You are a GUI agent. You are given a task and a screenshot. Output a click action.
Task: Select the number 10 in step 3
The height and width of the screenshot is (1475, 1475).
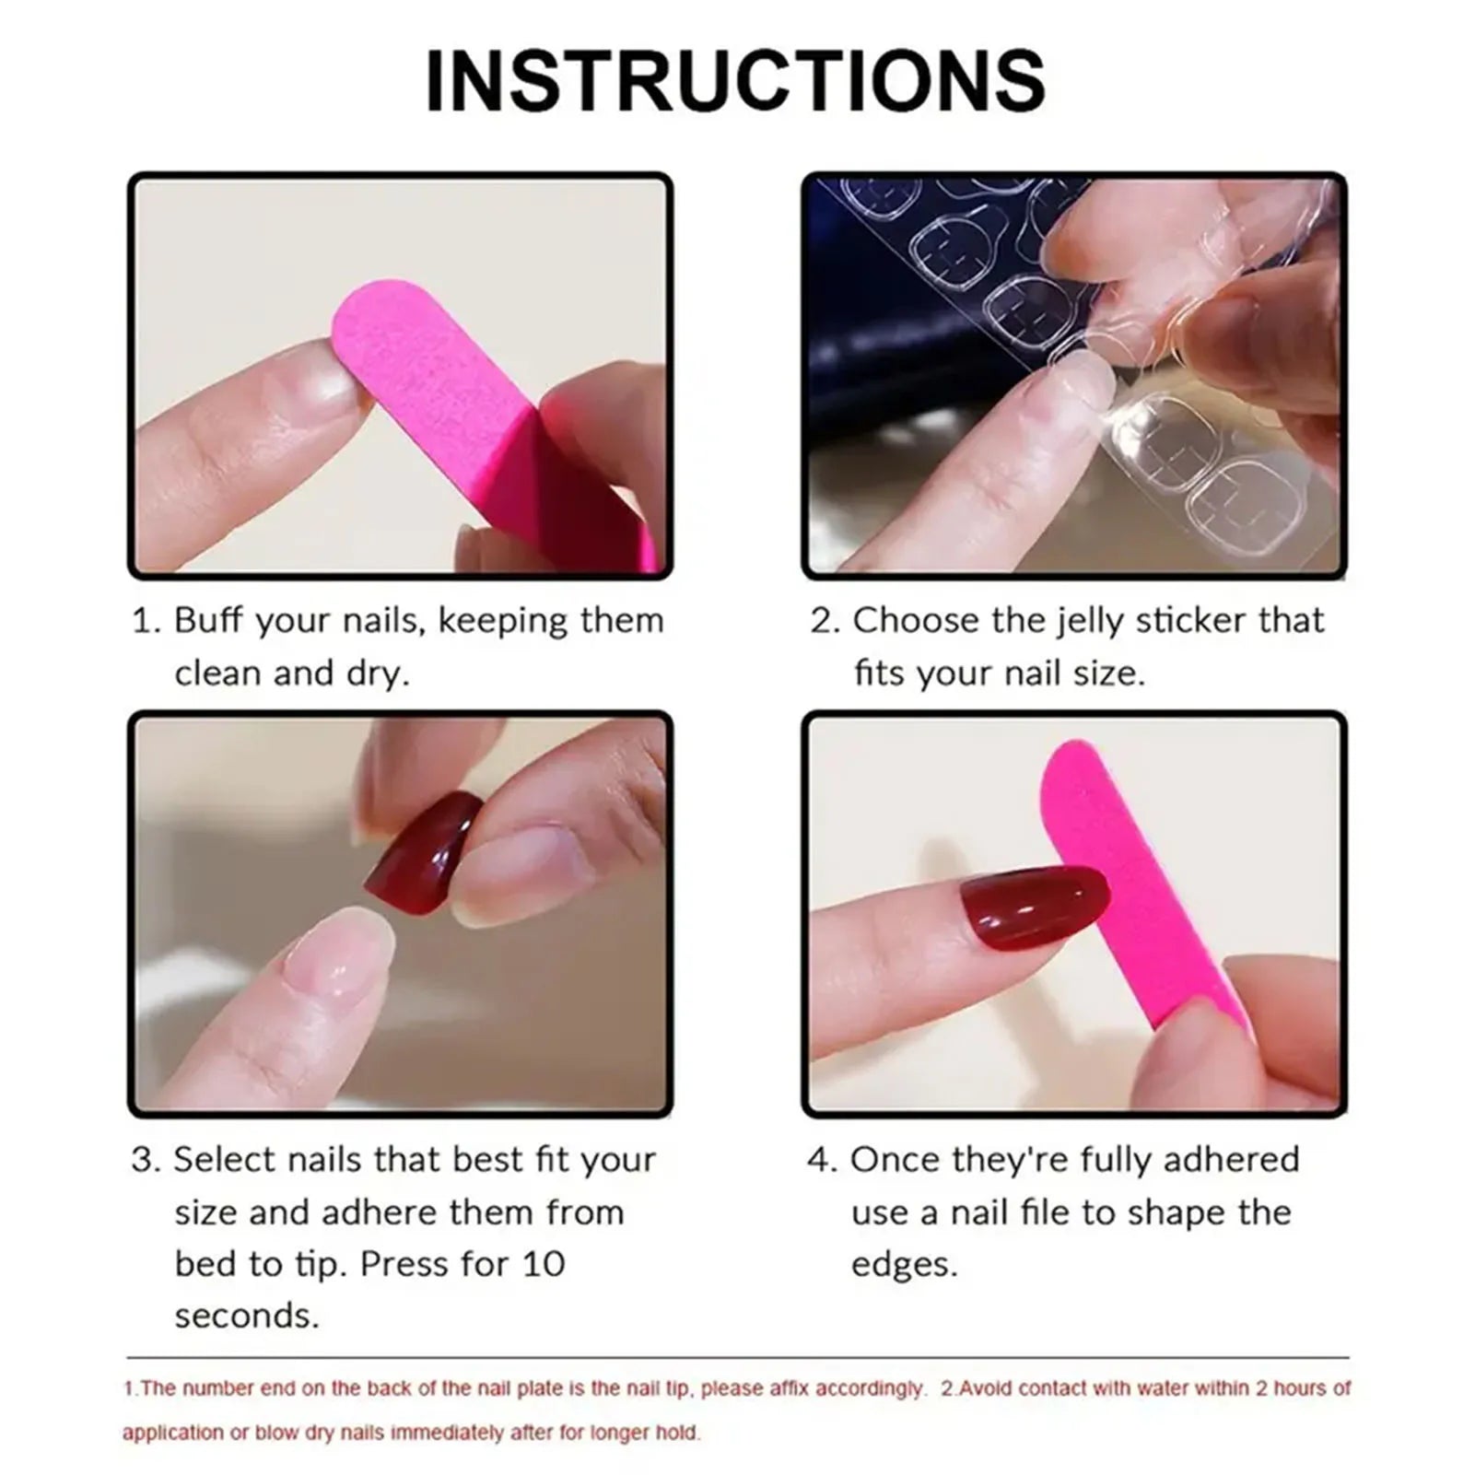click(x=544, y=1264)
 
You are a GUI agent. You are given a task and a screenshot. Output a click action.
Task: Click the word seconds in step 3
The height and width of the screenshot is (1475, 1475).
click(x=246, y=1316)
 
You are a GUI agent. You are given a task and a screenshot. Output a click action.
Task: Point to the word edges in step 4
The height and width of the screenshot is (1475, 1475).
click(x=904, y=1265)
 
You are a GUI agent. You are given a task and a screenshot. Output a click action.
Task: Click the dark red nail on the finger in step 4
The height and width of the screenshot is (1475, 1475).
click(x=1032, y=907)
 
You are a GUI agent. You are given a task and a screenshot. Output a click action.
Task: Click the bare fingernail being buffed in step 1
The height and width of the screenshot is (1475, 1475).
click(x=313, y=378)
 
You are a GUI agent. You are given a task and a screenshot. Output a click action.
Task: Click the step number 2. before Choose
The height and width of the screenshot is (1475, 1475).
click(x=825, y=621)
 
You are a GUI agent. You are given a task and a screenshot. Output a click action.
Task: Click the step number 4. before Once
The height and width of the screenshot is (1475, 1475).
click(x=822, y=1160)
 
